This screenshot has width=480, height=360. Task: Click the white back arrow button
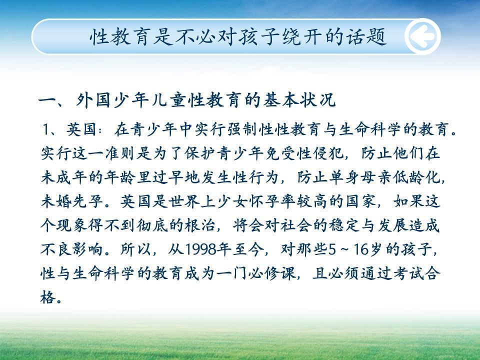[423, 36]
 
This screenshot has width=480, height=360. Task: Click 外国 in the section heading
[93, 100]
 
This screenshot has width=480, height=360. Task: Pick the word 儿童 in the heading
[169, 100]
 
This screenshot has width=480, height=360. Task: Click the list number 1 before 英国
[46, 129]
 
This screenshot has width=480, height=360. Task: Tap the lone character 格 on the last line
[48, 297]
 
